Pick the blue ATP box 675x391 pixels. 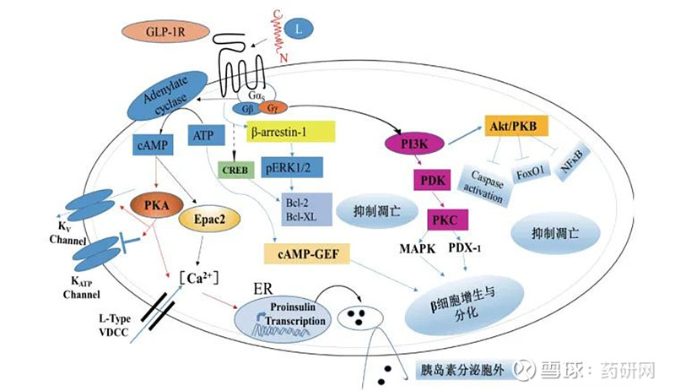[203, 135]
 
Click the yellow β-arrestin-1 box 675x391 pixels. [290, 133]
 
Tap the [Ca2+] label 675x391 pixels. [200, 278]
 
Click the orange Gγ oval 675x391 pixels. [272, 108]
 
